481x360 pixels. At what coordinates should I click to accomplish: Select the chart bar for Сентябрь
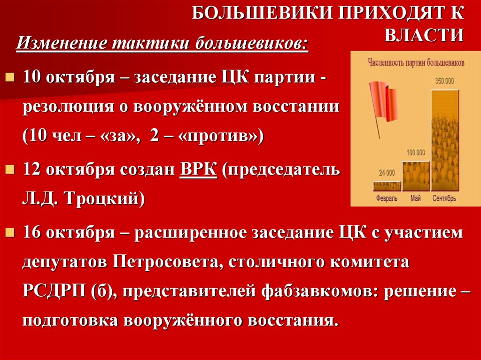[444, 138]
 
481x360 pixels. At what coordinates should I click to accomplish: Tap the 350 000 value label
[444, 81]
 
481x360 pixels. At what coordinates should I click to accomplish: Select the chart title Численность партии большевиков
[410, 62]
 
